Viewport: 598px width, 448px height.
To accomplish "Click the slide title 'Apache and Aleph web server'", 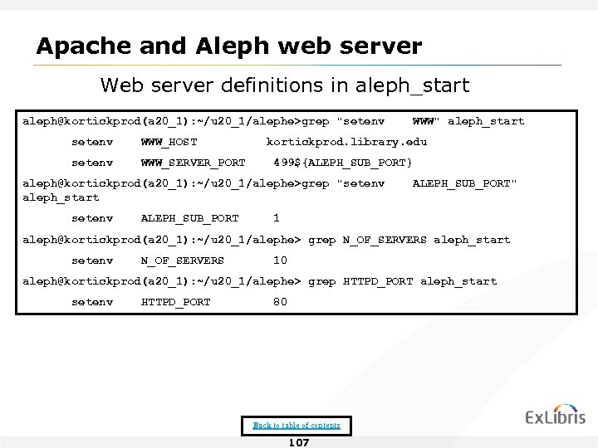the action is click(x=228, y=45).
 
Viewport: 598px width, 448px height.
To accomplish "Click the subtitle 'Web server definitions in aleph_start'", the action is click(x=285, y=85).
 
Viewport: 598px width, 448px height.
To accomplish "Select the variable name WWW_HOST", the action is click(x=169, y=142).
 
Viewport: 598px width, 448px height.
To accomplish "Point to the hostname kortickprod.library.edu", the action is click(x=346, y=142).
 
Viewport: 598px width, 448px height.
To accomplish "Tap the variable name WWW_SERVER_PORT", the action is click(x=194, y=162).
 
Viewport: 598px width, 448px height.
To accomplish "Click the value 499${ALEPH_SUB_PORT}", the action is click(x=343, y=162).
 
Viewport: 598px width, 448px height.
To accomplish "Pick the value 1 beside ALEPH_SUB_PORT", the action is click(x=277, y=219).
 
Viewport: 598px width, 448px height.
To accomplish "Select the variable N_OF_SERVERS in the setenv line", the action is click(x=183, y=261).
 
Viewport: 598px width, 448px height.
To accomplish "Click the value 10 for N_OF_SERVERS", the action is click(x=280, y=261).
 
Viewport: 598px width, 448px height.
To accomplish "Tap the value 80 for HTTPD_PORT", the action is click(x=280, y=302).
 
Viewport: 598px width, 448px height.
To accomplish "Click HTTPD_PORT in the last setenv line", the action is click(x=176, y=302).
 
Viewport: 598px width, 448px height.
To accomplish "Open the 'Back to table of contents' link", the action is click(x=297, y=426).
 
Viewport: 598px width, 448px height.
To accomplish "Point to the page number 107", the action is click(x=298, y=442).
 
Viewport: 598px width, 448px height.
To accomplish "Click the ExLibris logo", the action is click(x=555, y=416).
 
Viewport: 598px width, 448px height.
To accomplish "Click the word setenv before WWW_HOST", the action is click(x=92, y=142).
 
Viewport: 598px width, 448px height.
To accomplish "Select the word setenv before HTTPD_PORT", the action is click(x=92, y=302).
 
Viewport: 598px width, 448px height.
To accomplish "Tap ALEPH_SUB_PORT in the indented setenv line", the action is click(x=190, y=219).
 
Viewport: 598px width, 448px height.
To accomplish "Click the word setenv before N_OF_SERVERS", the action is click(x=92, y=261).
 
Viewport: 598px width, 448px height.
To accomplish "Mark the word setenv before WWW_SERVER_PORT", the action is click(x=92, y=162).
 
